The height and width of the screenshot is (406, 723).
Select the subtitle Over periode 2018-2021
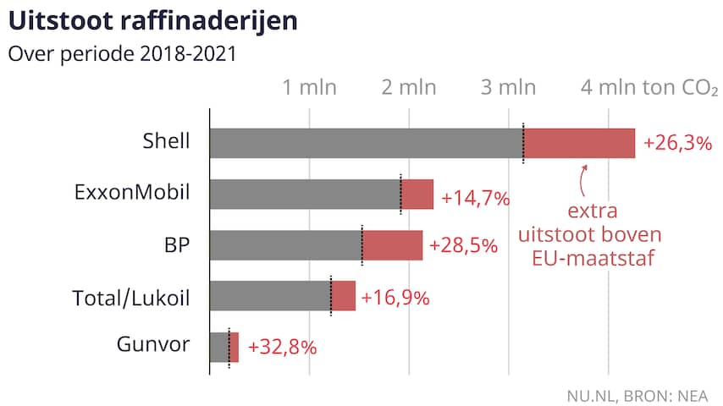point(121,54)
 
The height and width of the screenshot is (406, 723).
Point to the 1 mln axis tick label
point(309,88)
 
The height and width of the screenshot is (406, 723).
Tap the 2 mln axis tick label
point(409,88)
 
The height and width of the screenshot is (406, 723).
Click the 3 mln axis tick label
point(509,88)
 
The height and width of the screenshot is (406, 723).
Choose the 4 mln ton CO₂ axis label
point(648,88)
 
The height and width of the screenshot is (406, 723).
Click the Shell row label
point(166,142)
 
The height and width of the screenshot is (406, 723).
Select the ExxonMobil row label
point(132,194)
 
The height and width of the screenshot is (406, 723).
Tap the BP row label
point(176,245)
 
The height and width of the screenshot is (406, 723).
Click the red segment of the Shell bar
point(579,143)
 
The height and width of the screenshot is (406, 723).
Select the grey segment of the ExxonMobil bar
point(305,195)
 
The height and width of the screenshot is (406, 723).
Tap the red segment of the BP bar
point(392,245)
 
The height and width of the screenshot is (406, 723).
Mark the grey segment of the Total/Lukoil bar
point(269,296)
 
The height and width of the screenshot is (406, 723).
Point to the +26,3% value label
point(677,143)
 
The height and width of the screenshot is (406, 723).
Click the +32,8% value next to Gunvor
point(282,347)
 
